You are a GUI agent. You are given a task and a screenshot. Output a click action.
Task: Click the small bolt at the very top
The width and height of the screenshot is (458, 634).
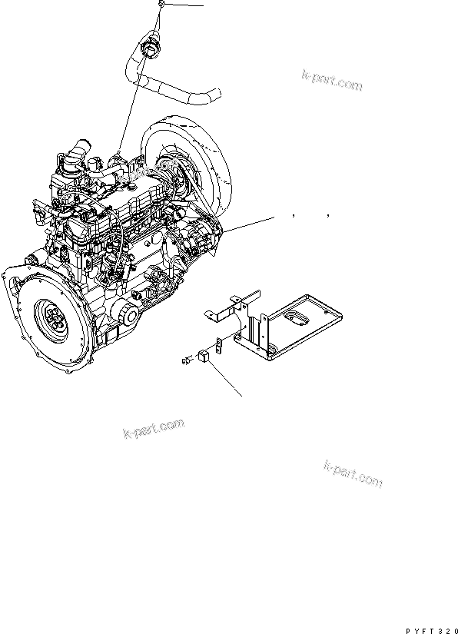coord(161,4)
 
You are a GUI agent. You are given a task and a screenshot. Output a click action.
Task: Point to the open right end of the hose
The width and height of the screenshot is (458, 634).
coord(217,95)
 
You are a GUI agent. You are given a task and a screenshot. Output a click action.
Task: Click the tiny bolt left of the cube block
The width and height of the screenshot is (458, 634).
coord(187,360)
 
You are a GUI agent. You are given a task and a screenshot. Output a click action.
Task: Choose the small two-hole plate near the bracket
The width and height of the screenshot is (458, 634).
coord(219,344)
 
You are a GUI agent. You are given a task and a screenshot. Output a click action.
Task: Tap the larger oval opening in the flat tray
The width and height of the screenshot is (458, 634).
coord(296,318)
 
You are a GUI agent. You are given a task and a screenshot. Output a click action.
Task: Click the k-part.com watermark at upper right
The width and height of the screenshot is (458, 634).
coord(332,80)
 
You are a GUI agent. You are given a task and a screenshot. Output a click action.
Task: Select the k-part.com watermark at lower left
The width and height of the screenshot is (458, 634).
coord(153,429)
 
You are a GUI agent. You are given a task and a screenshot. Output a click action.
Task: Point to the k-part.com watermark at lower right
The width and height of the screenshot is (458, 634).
coord(353,473)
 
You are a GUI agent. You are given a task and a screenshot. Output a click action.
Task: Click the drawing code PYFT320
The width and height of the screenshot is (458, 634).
coord(432,630)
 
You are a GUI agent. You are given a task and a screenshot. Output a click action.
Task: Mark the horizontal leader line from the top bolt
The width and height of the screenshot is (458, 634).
coord(183,5)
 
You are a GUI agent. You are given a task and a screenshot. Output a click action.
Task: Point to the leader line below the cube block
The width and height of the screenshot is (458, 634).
coord(226,380)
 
